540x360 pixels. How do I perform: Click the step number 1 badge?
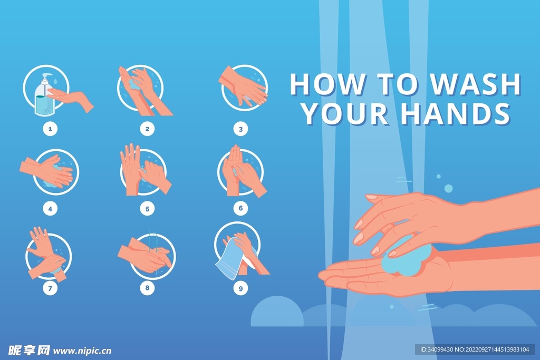tap(50, 129)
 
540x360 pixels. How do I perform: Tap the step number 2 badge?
tap(148, 129)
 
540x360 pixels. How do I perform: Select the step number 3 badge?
tap(240, 129)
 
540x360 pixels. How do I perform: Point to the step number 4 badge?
tap(50, 209)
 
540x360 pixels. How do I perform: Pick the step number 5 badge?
tap(148, 209)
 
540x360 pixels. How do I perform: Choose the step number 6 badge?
tap(240, 208)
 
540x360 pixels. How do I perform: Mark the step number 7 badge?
tap(50, 288)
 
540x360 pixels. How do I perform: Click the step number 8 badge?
tap(148, 288)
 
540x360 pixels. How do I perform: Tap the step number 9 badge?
tap(240, 288)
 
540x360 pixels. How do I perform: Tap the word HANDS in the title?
tap(456, 113)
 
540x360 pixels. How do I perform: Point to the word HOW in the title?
tap(327, 84)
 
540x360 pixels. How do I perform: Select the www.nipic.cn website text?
tap(82, 351)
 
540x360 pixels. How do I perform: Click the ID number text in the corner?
tap(475, 349)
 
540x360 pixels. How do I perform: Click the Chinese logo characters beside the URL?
tap(29, 351)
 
